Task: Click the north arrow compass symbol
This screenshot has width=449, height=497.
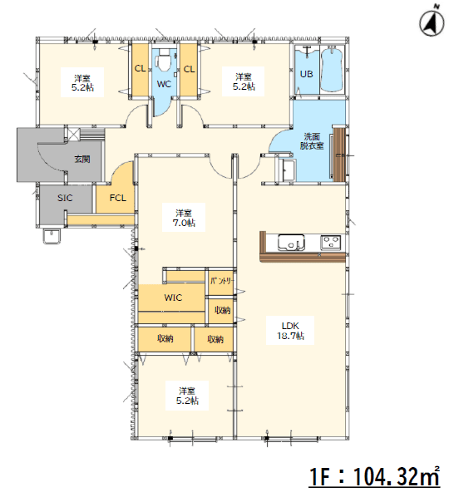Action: click(x=432, y=22)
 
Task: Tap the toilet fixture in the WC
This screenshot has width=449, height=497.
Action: click(x=164, y=60)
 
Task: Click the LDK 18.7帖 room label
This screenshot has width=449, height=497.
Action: click(x=290, y=331)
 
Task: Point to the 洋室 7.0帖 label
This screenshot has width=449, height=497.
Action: click(x=184, y=218)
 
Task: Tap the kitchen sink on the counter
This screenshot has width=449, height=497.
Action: click(x=291, y=243)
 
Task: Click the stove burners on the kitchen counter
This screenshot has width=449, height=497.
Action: click(x=331, y=243)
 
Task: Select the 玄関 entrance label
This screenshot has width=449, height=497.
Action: click(x=82, y=159)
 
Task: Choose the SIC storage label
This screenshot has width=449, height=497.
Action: click(x=65, y=198)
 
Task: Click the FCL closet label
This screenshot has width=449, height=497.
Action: click(x=117, y=198)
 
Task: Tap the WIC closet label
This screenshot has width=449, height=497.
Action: click(x=173, y=298)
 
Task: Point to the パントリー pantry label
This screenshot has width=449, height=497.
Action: click(x=222, y=281)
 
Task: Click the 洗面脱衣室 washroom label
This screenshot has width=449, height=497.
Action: click(x=312, y=141)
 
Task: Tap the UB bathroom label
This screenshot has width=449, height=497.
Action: click(x=306, y=74)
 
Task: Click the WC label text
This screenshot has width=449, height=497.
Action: click(x=164, y=84)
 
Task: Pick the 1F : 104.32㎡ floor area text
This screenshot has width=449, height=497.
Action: click(x=374, y=475)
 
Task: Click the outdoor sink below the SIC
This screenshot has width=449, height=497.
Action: click(x=52, y=237)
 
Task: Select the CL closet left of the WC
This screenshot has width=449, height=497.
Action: click(x=141, y=70)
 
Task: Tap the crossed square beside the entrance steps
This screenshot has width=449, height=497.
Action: click(x=73, y=134)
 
